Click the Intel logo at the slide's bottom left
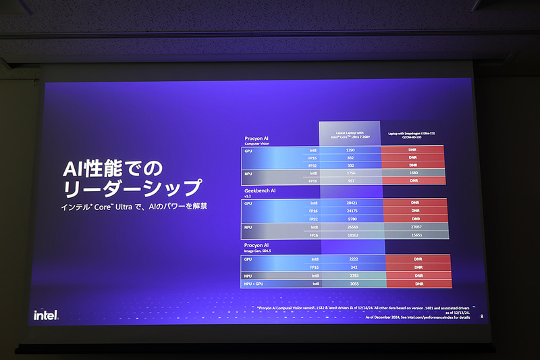(45, 315)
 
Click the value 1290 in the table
(350, 150)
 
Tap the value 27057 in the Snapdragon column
(414, 228)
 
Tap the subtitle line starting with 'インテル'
(132, 205)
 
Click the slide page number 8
(481, 315)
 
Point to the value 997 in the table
(350, 181)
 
